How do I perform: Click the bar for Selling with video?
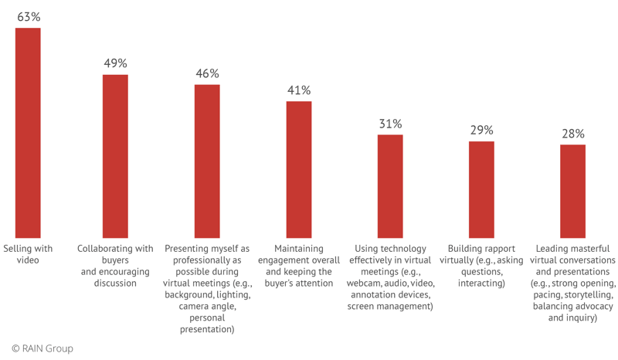(28, 133)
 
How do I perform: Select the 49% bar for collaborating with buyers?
(116, 156)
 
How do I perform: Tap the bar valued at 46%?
(207, 161)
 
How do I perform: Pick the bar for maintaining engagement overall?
(299, 169)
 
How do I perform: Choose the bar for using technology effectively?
(390, 185)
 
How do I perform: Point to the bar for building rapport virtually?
(481, 189)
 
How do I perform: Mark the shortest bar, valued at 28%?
(572, 191)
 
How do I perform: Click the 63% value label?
(28, 16)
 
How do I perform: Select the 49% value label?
(116, 63)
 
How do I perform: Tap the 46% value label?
(207, 73)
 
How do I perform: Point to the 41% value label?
(299, 90)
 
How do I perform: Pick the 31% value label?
(390, 124)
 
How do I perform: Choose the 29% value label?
(481, 130)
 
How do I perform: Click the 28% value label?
(572, 134)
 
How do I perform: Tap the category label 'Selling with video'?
(28, 254)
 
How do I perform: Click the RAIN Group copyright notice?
(42, 348)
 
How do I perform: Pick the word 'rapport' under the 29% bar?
(489, 249)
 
